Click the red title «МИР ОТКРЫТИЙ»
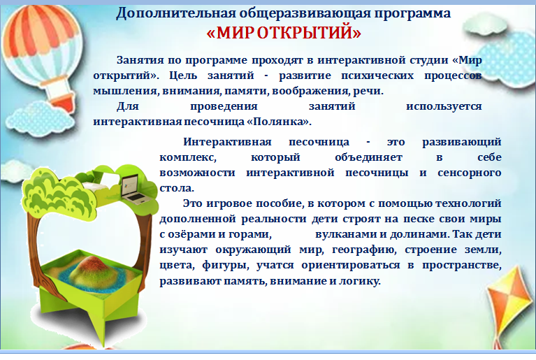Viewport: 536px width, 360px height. [x=284, y=33]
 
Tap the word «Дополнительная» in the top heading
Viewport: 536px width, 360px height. [x=175, y=14]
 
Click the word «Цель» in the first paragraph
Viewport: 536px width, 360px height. [x=183, y=75]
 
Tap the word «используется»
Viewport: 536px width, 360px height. [x=444, y=106]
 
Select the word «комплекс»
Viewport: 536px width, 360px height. [x=188, y=157]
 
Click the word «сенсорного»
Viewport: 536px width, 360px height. [x=470, y=173]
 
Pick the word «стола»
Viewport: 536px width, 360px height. [x=176, y=188]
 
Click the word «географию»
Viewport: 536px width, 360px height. [x=364, y=250]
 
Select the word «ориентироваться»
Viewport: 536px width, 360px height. [x=351, y=266]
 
